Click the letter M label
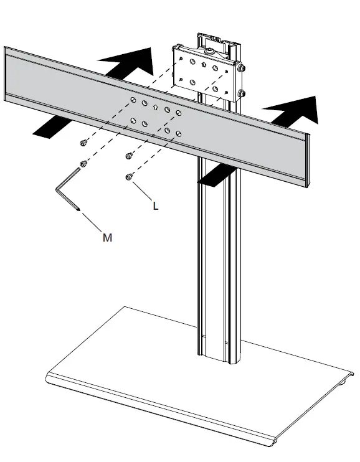[x=107, y=237]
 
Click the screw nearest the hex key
[x=82, y=164]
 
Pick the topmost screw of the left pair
[x=82, y=144]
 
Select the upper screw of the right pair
[x=129, y=156]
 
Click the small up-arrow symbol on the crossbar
[x=156, y=107]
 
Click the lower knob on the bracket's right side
[x=241, y=93]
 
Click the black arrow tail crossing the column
[x=216, y=176]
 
